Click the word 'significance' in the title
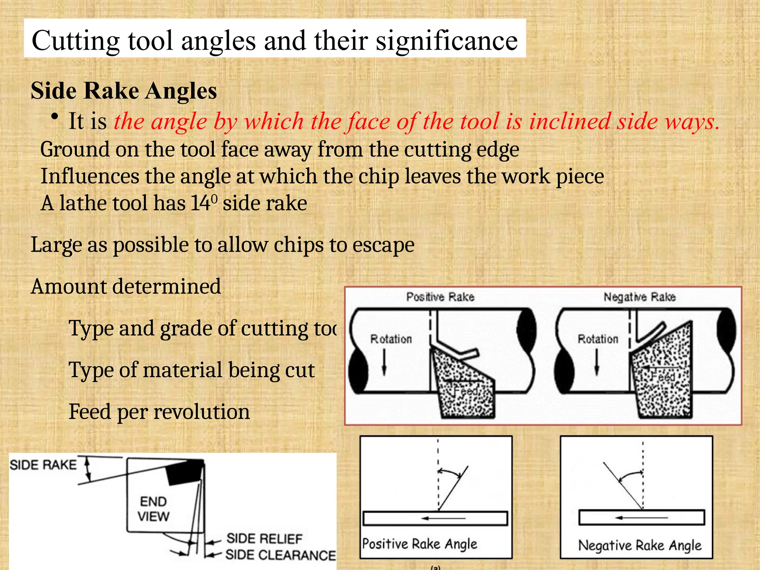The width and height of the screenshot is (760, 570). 447,41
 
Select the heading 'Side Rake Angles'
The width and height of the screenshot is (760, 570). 124,91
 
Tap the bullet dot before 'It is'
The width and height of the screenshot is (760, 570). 55,117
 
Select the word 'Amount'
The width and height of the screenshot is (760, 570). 69,286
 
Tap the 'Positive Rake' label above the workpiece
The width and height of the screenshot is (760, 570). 440,297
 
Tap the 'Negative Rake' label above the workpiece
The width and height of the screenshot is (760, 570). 639,297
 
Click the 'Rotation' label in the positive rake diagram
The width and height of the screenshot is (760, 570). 391,339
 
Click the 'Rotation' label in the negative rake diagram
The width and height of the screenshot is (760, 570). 598,339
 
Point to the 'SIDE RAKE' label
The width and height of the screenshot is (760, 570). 43,465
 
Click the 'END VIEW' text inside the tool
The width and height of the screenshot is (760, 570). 153,509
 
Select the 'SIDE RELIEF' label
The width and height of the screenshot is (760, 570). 265,538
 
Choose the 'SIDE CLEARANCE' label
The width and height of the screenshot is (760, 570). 280,555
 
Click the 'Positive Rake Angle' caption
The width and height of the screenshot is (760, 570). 420,544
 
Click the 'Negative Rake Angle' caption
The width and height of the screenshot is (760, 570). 640,546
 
